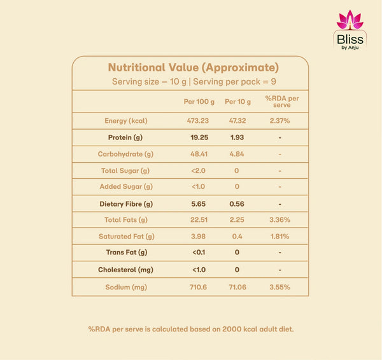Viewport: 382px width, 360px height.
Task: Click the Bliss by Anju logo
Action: click(350, 30)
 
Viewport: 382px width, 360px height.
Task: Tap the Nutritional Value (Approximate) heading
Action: click(194, 67)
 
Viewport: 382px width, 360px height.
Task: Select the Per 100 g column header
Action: click(199, 102)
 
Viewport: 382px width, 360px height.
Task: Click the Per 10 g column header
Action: click(237, 102)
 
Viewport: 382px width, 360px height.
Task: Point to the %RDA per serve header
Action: click(282, 102)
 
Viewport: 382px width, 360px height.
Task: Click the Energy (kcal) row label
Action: click(126, 121)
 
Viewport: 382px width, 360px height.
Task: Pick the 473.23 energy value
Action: click(198, 121)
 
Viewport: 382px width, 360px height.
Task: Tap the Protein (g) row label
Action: click(125, 137)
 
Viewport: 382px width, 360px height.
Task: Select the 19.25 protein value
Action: click(199, 137)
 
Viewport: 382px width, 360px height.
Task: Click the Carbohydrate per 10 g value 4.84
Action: click(237, 154)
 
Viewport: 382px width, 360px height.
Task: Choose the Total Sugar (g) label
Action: click(125, 170)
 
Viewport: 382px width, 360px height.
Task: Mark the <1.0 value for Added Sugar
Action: click(198, 186)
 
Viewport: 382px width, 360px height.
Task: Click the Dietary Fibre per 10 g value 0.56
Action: click(237, 204)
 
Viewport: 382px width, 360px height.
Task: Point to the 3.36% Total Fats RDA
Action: click(279, 220)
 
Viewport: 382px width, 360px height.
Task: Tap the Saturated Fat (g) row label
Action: click(127, 237)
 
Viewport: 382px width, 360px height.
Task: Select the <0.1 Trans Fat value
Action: click(199, 252)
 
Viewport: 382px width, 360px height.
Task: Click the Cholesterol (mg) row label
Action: click(125, 270)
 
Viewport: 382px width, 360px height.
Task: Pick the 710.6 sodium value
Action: click(198, 287)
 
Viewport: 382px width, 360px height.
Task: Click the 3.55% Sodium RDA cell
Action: click(279, 287)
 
